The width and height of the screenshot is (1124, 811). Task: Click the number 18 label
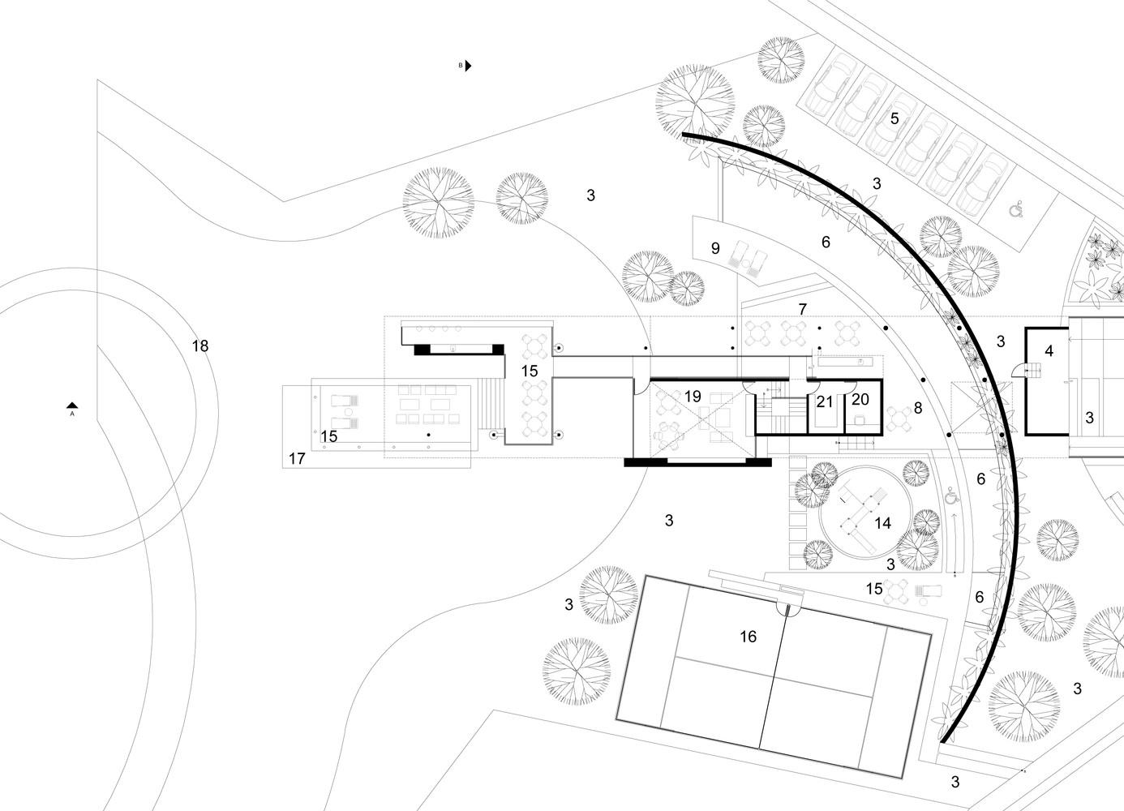[200, 346]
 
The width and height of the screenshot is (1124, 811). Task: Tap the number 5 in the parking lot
[894, 118]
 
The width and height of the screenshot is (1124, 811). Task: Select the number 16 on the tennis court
[748, 637]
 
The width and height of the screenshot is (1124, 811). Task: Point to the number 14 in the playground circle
[882, 524]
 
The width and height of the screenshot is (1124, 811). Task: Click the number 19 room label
[692, 397]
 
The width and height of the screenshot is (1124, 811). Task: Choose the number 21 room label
[825, 401]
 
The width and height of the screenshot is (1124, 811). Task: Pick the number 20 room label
[860, 400]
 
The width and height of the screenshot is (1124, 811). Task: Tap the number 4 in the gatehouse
[1049, 351]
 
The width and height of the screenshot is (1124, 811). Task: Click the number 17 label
[296, 459]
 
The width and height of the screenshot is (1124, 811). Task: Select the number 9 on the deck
[715, 248]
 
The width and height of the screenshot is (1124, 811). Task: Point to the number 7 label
[802, 309]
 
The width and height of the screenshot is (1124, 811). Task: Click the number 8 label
[918, 408]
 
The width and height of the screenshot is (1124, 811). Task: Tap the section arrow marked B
[467, 66]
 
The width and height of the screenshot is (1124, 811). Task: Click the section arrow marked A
[72, 405]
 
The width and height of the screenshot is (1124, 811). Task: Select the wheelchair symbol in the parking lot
[1015, 210]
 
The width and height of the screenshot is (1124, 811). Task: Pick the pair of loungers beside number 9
[749, 260]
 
